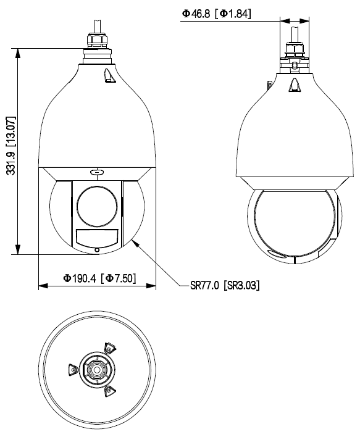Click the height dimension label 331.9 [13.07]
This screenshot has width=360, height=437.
coord(11,146)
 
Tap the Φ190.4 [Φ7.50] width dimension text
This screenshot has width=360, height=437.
coord(99,278)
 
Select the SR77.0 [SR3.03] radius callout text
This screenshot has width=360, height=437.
coord(225,285)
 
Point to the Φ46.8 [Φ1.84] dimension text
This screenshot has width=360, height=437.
coord(216,14)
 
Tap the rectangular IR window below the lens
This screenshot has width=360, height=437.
coord(97,237)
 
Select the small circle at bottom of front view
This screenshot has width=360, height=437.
coord(97,250)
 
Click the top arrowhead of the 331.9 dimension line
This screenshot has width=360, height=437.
coord(18,53)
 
